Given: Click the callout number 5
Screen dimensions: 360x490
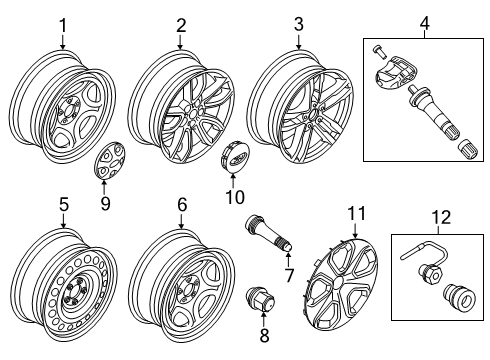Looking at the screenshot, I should point(62,205).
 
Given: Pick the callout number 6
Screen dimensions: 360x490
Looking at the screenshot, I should point(181,205).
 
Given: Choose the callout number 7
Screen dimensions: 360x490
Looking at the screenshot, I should point(289,274).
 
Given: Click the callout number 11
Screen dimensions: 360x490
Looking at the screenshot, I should point(356,213).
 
